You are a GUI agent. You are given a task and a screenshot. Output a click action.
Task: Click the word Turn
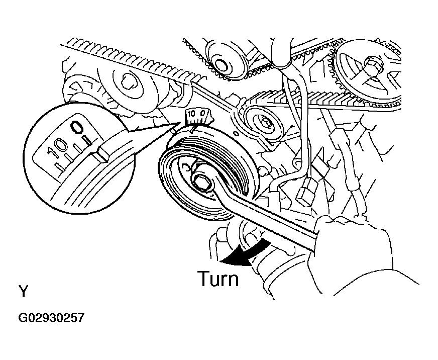click(x=218, y=278)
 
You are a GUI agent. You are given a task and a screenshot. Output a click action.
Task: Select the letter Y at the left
click(x=24, y=292)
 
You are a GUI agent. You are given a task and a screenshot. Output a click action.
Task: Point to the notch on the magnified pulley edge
click(x=100, y=151)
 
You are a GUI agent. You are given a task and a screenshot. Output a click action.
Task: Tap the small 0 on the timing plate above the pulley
click(x=201, y=114)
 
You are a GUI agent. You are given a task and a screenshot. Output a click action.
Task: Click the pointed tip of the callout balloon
click(x=181, y=121)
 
